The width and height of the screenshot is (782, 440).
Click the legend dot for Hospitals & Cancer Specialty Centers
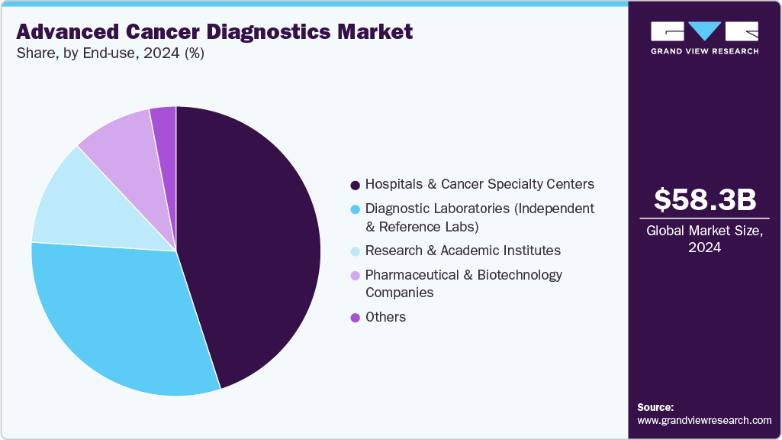tap(355, 185)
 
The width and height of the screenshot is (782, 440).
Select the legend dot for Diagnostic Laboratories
tap(355, 209)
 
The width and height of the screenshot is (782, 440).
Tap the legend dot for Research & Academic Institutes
tap(355, 251)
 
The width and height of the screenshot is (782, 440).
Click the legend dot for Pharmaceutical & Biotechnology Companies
tap(355, 275)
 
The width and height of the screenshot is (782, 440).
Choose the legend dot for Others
tap(355, 318)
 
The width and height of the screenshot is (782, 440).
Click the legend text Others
tap(385, 317)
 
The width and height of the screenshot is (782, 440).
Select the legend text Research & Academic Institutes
tap(463, 251)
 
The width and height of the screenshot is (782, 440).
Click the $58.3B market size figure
tap(705, 199)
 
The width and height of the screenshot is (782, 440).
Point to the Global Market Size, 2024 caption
tap(705, 239)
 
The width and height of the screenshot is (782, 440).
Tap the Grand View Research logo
tap(705, 37)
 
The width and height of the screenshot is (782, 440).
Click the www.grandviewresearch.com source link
tap(704, 420)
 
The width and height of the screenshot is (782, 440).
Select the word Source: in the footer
tap(655, 407)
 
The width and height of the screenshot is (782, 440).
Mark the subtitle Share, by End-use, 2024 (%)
tap(110, 53)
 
